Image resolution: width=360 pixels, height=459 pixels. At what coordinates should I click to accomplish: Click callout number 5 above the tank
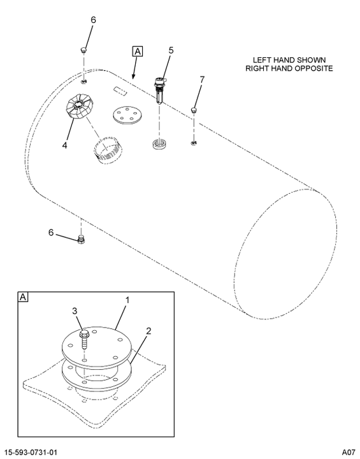point(171,50)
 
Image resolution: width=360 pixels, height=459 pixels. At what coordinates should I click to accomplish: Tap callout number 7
point(202,80)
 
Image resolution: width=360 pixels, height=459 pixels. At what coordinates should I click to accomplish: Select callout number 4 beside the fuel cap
point(64,145)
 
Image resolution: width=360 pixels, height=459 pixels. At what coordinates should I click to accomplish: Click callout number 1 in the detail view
point(127,300)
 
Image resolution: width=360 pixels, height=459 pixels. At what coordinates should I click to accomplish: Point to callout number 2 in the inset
point(148,331)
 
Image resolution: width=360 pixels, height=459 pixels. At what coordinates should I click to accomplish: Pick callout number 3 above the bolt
point(75,311)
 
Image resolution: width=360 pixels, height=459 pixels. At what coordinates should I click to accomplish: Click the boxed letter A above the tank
point(138,51)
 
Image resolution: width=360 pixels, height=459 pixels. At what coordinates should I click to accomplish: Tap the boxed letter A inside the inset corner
point(23,297)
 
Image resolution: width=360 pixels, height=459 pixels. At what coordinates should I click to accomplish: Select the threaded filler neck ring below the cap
point(107,150)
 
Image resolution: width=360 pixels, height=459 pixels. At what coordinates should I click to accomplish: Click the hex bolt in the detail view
point(84,339)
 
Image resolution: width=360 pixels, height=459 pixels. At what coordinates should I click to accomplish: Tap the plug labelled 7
point(194,110)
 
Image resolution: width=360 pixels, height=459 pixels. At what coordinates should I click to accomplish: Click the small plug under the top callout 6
point(83,50)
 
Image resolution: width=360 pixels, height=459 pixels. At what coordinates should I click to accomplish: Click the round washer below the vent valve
point(159,144)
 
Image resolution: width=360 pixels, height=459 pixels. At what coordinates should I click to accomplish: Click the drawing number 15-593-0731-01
point(31,452)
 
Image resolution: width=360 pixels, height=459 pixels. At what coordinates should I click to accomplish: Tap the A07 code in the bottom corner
point(349,452)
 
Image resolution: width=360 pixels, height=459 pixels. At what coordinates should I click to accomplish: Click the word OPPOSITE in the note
point(315,68)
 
